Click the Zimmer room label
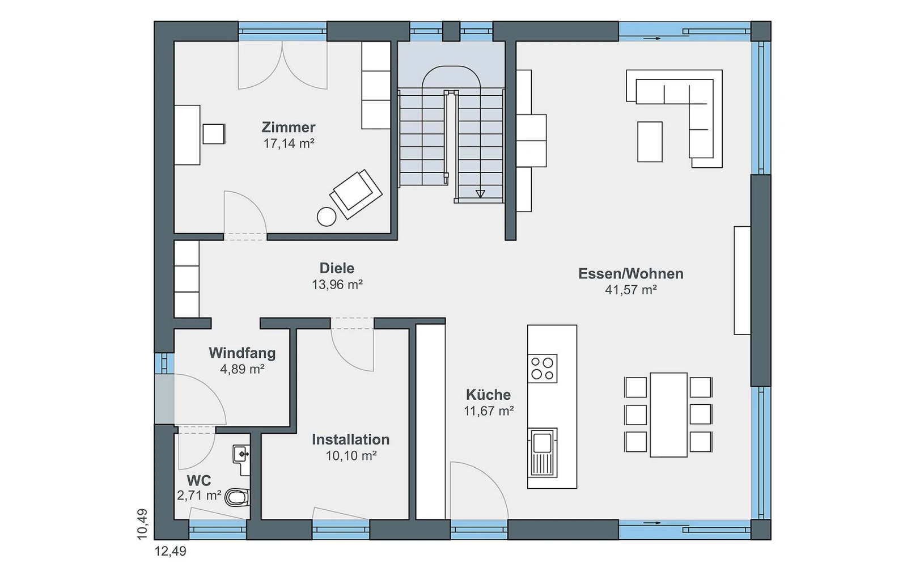tap(289, 127)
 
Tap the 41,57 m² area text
tap(631, 290)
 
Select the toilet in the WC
tap(238, 497)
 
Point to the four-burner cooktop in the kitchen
tap(542, 369)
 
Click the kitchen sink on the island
tap(542, 452)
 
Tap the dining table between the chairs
tap(668, 414)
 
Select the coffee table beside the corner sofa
tap(650, 142)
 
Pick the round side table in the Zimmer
tap(327, 217)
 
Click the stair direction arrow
tap(480, 193)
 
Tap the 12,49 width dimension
tap(171, 551)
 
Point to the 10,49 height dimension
tap(142, 524)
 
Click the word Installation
tap(351, 439)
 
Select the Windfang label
tap(242, 353)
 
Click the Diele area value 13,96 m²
tap(337, 285)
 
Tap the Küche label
tap(488, 395)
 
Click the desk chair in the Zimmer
tap(213, 134)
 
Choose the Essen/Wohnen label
tap(631, 274)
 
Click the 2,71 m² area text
tap(199, 496)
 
